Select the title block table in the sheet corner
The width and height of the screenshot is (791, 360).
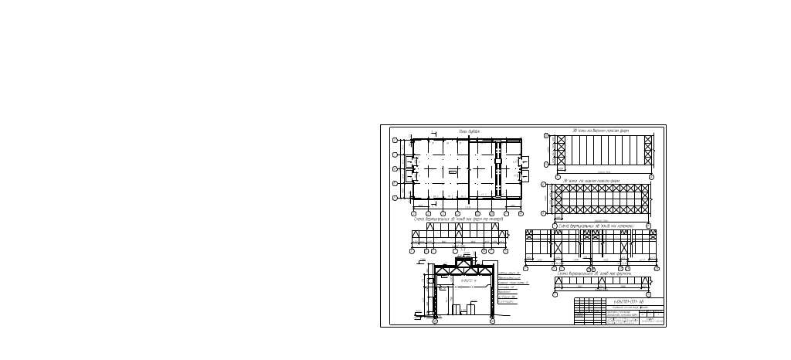619,311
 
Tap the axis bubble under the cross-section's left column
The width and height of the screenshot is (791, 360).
434,321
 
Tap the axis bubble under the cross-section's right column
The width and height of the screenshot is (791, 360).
492,321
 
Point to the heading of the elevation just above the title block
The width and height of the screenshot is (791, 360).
595,273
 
